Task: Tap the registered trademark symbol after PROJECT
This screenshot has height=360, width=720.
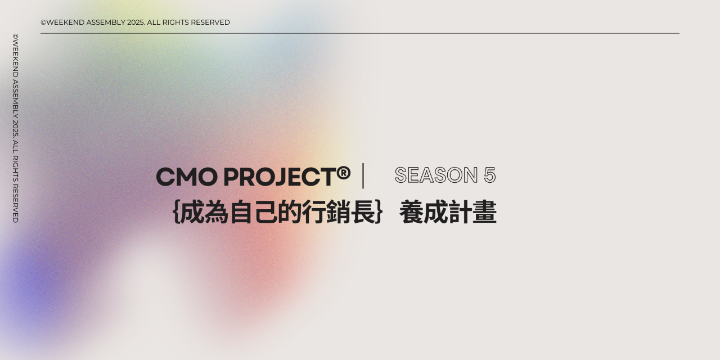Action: (344, 173)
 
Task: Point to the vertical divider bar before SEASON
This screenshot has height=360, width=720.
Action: (363, 176)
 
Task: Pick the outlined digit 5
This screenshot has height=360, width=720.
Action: (489, 175)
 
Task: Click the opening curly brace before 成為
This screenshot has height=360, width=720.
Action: (175, 213)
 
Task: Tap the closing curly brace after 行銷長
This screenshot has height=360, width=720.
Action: (379, 213)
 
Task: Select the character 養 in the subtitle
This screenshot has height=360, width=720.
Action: (411, 213)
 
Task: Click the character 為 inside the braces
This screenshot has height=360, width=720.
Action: (217, 213)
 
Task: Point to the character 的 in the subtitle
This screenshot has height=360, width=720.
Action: (290, 213)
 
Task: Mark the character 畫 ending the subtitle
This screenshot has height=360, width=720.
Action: (485, 213)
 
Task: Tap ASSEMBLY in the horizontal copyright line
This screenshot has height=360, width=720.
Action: (106, 22)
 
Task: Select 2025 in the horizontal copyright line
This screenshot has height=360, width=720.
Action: (136, 22)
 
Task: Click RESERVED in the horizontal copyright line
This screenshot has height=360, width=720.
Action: (210, 22)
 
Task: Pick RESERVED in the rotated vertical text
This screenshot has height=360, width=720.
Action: (16, 203)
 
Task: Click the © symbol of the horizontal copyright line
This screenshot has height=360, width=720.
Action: (43, 22)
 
